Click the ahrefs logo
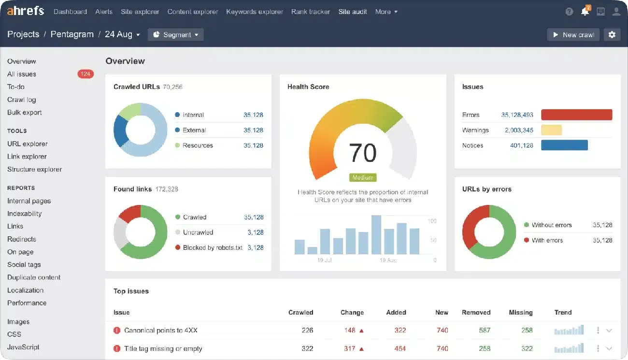point(26,11)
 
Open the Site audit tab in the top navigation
point(353,12)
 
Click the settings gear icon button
point(612,35)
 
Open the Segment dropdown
point(176,35)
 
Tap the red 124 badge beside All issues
point(86,74)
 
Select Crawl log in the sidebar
point(22,100)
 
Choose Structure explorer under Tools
point(35,169)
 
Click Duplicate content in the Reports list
point(34,277)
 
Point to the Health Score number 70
point(362,153)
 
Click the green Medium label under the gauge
point(363,177)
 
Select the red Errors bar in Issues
point(576,115)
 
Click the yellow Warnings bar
point(551,130)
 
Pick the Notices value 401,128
point(522,145)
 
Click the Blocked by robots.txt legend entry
point(212,247)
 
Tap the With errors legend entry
point(547,240)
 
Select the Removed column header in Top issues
point(476,312)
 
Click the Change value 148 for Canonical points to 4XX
point(350,331)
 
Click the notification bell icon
point(585,12)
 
